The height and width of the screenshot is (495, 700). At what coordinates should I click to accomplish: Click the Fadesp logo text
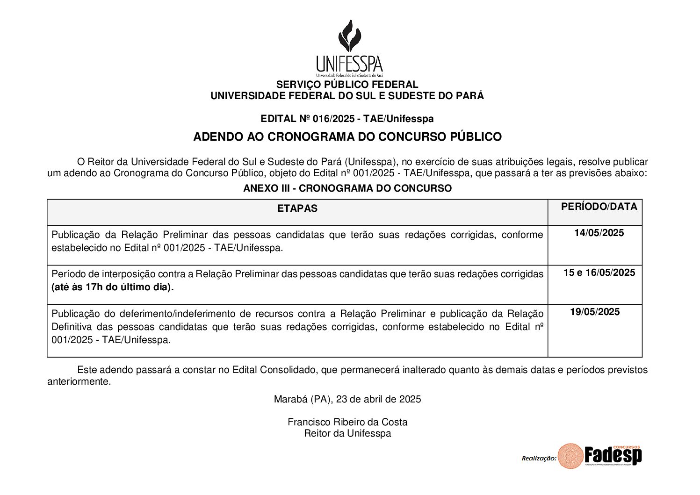(613, 455)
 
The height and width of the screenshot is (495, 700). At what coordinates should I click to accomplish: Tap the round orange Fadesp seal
(570, 456)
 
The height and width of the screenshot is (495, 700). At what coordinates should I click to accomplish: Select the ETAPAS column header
(297, 208)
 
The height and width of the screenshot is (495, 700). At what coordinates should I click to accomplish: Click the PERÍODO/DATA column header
(599, 207)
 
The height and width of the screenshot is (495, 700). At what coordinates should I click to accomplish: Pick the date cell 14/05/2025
(599, 233)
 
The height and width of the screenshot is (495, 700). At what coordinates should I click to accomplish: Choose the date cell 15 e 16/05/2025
(599, 273)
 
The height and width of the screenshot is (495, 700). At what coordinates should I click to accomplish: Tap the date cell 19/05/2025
(595, 312)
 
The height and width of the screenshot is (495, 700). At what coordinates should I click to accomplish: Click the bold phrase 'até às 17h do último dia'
(112, 287)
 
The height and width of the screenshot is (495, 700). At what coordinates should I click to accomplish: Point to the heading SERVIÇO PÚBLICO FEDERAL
(347, 85)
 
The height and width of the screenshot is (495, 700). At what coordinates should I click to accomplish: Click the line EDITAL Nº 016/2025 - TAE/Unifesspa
(347, 119)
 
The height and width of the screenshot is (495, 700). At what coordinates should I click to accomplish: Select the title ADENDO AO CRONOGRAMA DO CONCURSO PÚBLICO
(347, 137)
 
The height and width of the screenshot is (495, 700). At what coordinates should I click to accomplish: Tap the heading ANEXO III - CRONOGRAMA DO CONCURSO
(347, 188)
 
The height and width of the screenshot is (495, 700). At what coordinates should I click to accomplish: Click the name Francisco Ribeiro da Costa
(347, 422)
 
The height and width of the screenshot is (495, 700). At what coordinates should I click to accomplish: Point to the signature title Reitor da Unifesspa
(347, 433)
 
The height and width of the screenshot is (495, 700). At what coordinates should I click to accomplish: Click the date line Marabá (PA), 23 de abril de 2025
(347, 399)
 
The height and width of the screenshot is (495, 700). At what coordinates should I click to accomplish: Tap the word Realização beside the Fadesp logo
(539, 459)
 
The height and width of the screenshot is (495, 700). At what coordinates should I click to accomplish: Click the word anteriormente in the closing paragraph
(79, 381)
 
